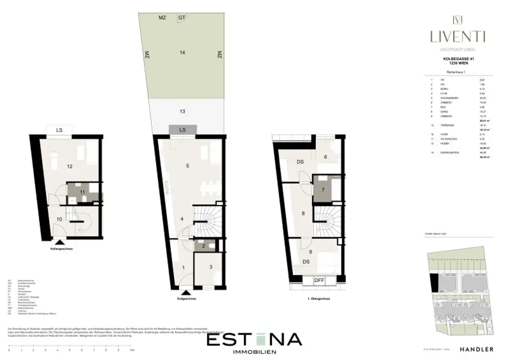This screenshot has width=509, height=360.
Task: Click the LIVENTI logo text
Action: (x=458, y=36)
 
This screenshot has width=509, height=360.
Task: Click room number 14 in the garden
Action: (x=182, y=52)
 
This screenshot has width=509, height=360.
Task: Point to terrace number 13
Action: (x=182, y=111)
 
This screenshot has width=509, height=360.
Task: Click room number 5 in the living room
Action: (x=187, y=166)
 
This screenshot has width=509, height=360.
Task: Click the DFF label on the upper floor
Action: (x=319, y=280)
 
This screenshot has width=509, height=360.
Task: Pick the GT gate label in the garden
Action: (x=182, y=17)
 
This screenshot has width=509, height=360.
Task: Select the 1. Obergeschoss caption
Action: (x=319, y=299)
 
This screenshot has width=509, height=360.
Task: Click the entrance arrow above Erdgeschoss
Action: (x=186, y=292)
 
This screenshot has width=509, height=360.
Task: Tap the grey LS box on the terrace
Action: (x=182, y=130)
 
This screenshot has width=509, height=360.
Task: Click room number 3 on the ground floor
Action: (x=211, y=267)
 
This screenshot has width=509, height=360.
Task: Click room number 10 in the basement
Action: (x=59, y=219)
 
